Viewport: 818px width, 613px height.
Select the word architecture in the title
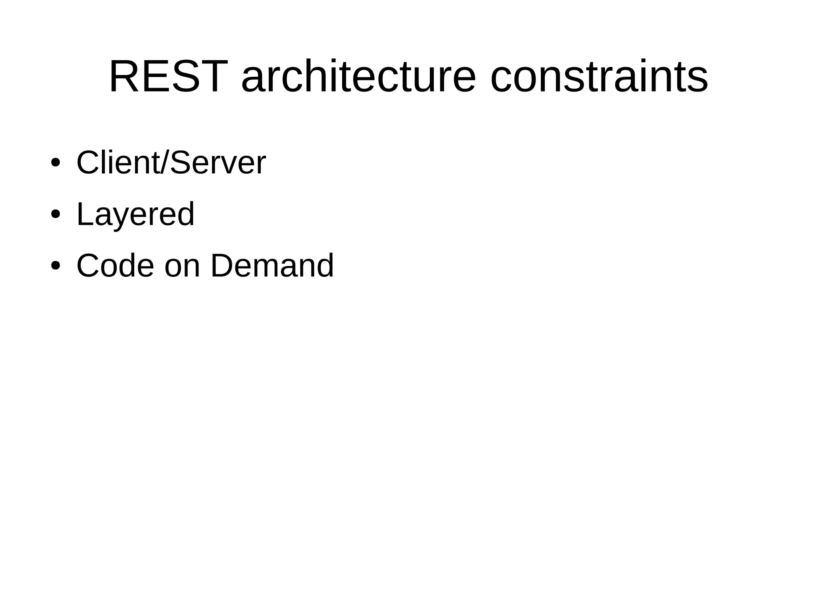pos(359,76)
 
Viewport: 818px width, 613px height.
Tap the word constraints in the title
pos(599,76)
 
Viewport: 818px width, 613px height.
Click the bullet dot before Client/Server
pos(56,163)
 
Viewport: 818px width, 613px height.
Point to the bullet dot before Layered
pos(56,214)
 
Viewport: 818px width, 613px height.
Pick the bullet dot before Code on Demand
pos(56,266)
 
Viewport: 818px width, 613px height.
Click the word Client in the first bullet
pos(117,163)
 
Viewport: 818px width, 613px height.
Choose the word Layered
pos(135,214)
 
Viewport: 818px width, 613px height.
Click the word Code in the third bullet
pos(115,266)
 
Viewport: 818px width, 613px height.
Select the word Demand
pos(272,266)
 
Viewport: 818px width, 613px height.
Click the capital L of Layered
pos(85,214)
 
